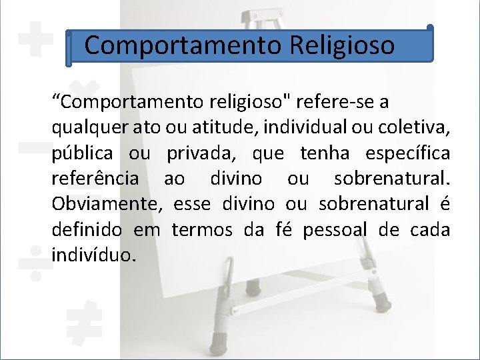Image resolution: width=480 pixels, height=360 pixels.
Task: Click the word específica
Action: click(x=407, y=154)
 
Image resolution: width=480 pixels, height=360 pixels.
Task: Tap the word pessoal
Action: click(x=335, y=230)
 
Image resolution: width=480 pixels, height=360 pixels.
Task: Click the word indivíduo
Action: click(x=93, y=255)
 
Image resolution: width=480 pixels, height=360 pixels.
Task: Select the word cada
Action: click(x=429, y=230)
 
